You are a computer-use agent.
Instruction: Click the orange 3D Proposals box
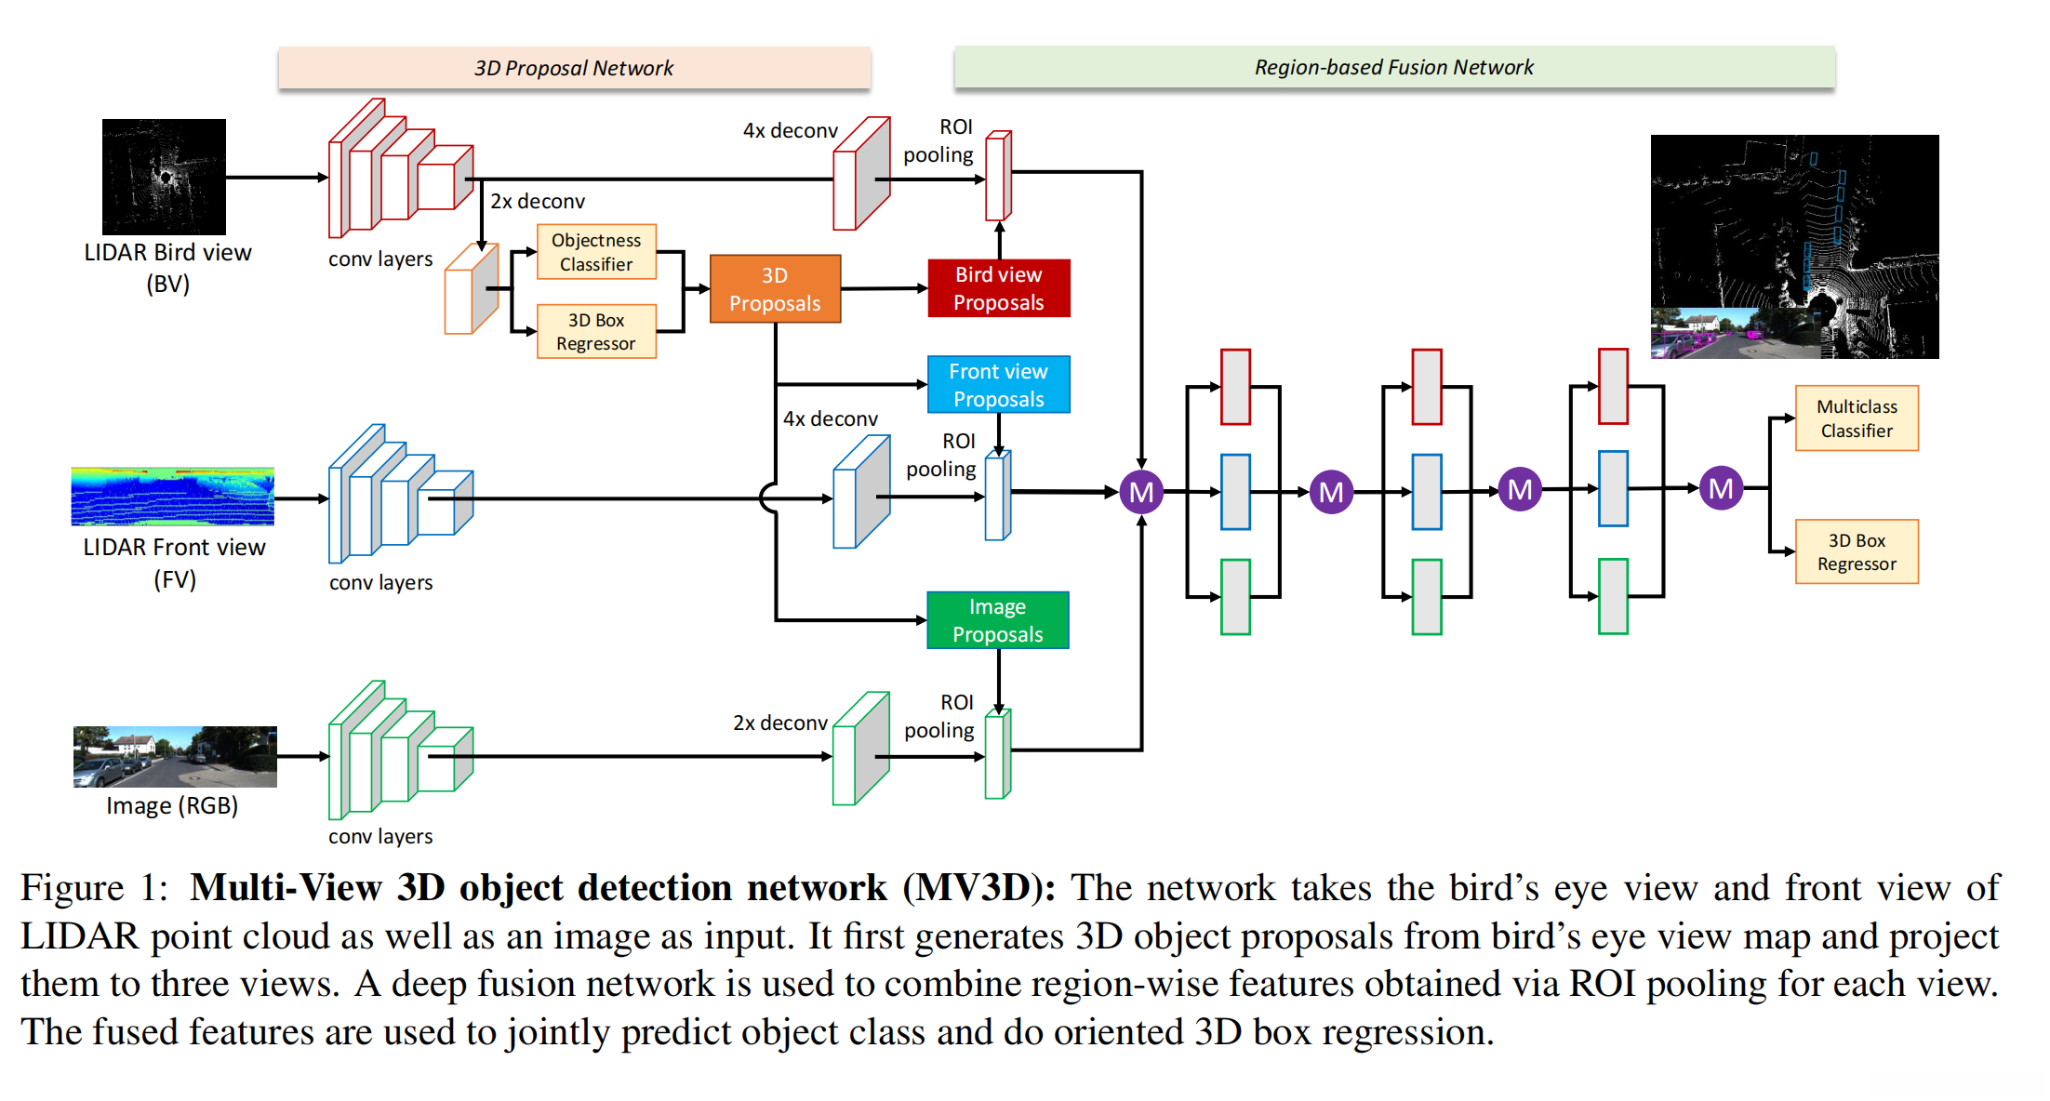(x=775, y=289)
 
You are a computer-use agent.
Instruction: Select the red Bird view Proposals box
(x=998, y=288)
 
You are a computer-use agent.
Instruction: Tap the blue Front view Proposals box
(x=998, y=385)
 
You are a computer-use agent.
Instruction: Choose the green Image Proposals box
(x=997, y=620)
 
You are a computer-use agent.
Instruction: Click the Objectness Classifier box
(x=596, y=252)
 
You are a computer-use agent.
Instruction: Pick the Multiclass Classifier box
(x=1856, y=418)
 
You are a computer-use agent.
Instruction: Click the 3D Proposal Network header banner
(x=574, y=68)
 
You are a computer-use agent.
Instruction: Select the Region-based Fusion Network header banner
(x=1393, y=67)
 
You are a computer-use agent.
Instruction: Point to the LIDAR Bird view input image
(x=164, y=177)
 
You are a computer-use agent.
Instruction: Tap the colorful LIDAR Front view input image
(x=173, y=497)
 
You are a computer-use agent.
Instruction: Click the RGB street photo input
(x=175, y=756)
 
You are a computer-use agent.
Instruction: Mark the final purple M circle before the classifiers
(x=1720, y=488)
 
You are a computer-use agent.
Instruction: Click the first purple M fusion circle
(x=1141, y=492)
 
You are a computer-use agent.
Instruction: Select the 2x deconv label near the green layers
(x=779, y=723)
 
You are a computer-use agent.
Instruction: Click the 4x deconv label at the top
(x=790, y=130)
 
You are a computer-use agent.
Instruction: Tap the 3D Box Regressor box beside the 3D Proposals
(x=596, y=332)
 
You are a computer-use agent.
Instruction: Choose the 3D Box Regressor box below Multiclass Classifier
(x=1856, y=552)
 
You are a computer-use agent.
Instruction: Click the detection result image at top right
(x=1793, y=246)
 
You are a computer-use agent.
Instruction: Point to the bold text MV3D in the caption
(x=978, y=887)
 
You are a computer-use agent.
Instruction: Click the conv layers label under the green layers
(x=380, y=836)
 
